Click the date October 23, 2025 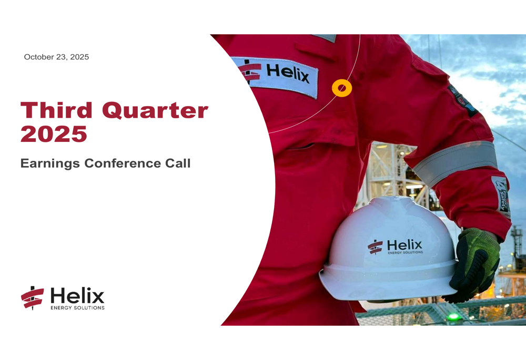tap(56, 57)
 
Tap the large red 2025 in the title tap(54, 134)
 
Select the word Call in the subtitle tap(177, 163)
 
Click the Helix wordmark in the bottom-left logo tap(77, 295)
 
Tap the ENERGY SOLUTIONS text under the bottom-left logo tap(77, 307)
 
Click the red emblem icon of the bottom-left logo tap(33, 297)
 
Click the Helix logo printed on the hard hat tap(394, 246)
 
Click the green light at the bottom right tap(451, 317)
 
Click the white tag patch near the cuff tap(501, 196)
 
